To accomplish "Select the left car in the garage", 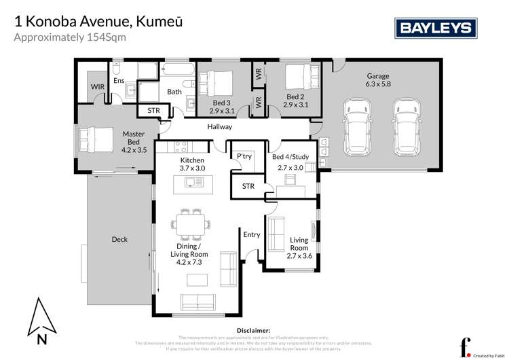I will coord(357,126).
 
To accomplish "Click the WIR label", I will coord(98,87).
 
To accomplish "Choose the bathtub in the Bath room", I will coord(178,71).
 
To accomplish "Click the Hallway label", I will coord(219,127).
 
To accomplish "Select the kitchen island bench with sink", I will coord(192,182).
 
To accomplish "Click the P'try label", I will coord(244,157).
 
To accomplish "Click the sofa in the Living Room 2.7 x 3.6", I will coord(276,234).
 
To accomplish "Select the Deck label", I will coord(119,239).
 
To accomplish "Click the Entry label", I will coord(251,235).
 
